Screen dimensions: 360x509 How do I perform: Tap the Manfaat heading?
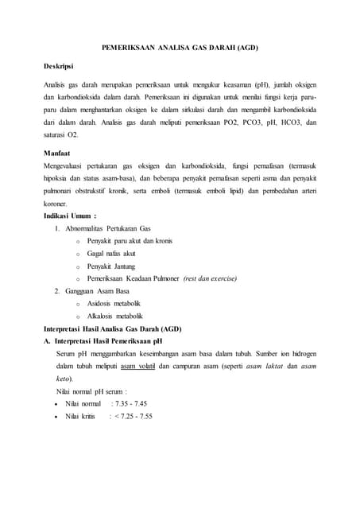pyautogui.click(x=57, y=152)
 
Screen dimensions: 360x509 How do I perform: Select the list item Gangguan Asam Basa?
pyautogui.click(x=98, y=291)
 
